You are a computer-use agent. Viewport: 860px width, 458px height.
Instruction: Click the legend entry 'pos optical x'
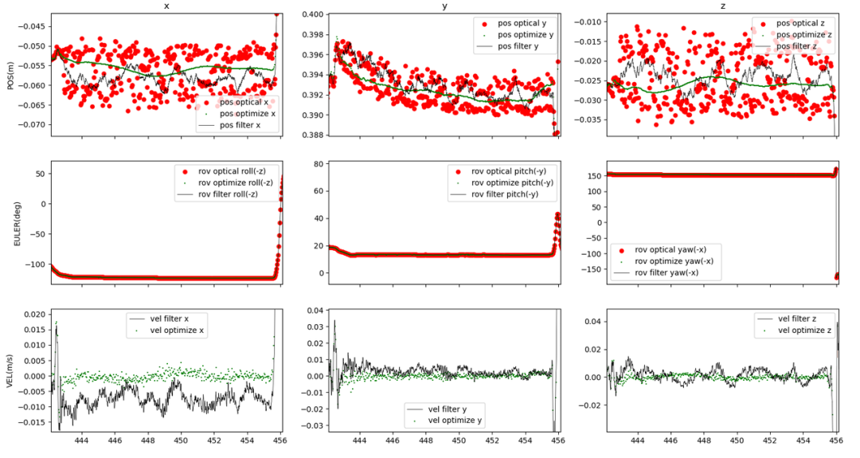click(x=243, y=102)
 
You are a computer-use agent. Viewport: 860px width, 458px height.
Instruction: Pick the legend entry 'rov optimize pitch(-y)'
click(x=512, y=182)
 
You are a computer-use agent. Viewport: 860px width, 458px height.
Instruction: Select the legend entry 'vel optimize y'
click(x=455, y=421)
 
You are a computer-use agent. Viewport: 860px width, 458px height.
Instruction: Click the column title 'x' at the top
click(x=165, y=6)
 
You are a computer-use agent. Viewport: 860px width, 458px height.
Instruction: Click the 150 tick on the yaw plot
click(x=592, y=174)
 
